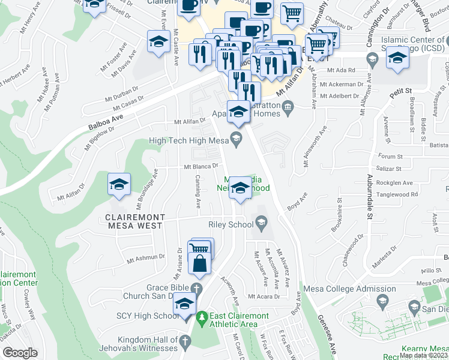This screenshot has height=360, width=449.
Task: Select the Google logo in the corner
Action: click(x=20, y=353)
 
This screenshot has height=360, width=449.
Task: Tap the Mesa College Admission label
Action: click(x=341, y=289)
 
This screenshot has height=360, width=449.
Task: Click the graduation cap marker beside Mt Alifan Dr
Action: click(x=118, y=185)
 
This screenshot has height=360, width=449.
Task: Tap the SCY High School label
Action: click(x=147, y=316)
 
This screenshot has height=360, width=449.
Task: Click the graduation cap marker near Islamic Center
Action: click(x=397, y=59)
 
